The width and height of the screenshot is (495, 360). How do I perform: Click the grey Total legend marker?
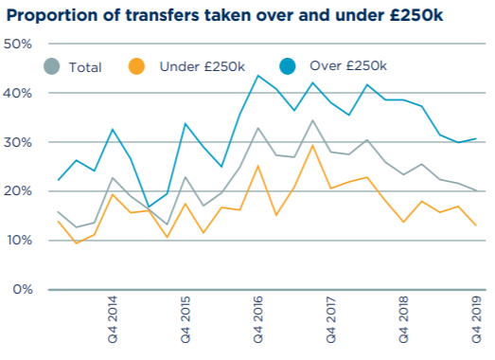coord(53,66)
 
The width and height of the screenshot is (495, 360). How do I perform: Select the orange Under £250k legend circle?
coord(138,66)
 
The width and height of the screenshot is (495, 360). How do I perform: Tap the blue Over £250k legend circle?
coord(289,66)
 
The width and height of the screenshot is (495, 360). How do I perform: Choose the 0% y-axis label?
coord(23,289)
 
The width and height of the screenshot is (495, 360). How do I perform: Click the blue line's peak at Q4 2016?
coord(257,76)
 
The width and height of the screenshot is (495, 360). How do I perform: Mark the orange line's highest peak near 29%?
coord(312,145)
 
